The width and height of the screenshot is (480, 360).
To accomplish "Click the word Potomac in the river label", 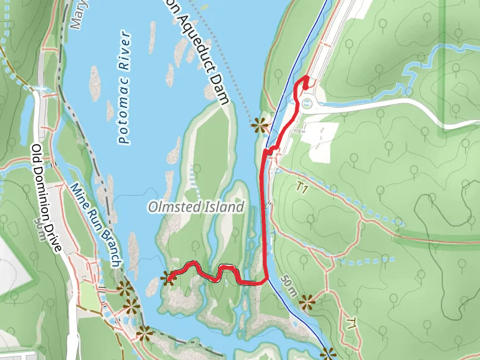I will (x=124, y=119).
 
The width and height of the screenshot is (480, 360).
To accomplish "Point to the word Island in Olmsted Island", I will (x=227, y=208).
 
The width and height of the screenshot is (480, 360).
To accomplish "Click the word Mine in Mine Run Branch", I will (x=79, y=192).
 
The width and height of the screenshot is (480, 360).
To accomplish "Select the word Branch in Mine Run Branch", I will (x=109, y=247).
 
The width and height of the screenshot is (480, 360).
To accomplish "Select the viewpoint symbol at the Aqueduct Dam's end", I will (x=259, y=124).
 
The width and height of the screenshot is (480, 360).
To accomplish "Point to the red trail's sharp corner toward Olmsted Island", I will (x=265, y=281).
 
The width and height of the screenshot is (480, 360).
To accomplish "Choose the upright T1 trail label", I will (x=302, y=189).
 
